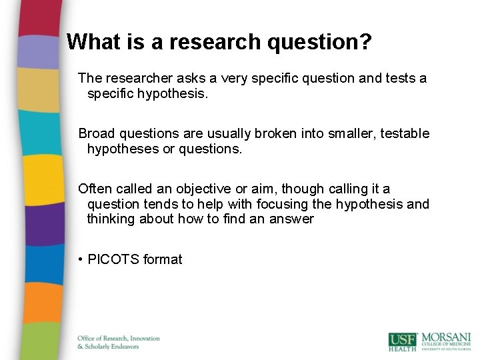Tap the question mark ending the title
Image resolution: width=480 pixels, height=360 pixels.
(366, 42)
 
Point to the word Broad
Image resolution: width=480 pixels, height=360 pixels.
(96, 134)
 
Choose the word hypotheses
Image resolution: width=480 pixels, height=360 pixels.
(123, 149)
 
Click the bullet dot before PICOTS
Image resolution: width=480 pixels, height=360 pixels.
(80, 259)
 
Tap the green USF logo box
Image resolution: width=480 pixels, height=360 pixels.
(402, 341)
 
